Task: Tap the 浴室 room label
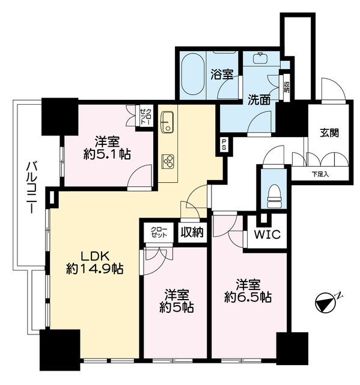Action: pyautogui.click(x=222, y=75)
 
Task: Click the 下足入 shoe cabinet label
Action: pyautogui.click(x=320, y=174)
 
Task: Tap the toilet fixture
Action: pyautogui.click(x=274, y=196)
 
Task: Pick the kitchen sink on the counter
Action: pyautogui.click(x=168, y=123)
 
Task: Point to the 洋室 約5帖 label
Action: pyautogui.click(x=178, y=300)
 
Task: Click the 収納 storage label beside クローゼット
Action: pyautogui.click(x=192, y=232)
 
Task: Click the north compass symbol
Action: pyautogui.click(x=326, y=302)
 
